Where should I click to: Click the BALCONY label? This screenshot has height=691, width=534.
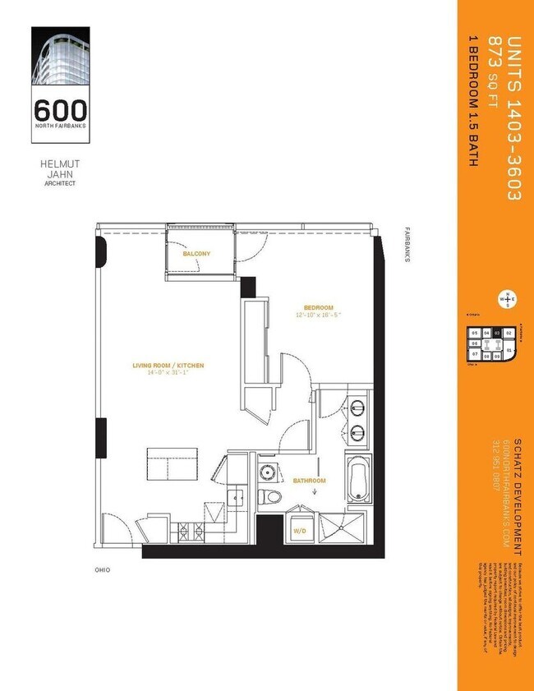tap(196, 254)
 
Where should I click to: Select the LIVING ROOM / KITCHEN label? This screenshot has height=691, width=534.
tap(168, 366)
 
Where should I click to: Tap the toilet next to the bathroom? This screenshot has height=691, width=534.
tap(270, 496)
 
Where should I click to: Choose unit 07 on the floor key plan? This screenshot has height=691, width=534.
tap(475, 354)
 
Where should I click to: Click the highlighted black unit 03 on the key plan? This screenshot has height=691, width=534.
tap(497, 333)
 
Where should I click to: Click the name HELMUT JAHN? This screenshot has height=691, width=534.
tap(59, 168)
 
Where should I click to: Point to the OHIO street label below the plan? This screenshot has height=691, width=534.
tap(102, 569)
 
